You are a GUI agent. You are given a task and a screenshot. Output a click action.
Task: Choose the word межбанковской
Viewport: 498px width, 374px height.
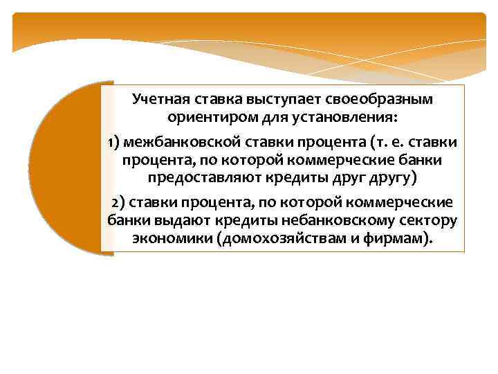coord(176,143)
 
